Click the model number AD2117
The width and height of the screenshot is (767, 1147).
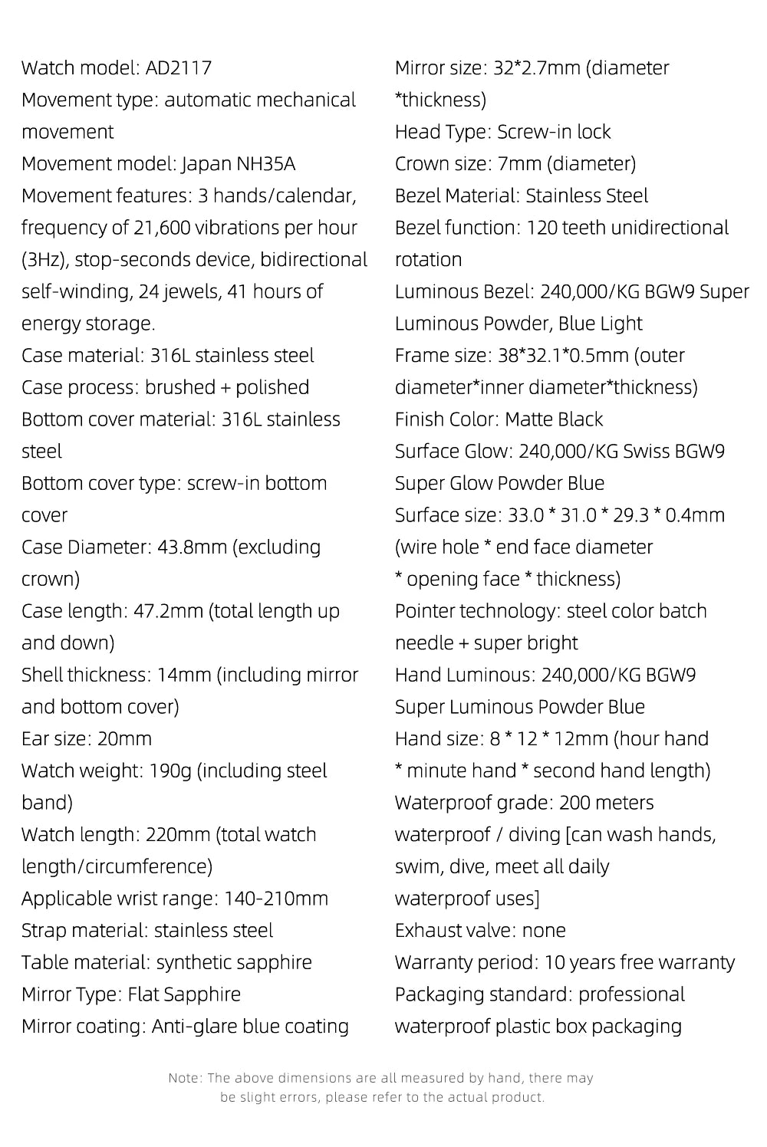(x=179, y=68)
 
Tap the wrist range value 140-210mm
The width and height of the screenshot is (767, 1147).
(x=275, y=899)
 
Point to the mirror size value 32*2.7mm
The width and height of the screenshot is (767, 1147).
(x=537, y=68)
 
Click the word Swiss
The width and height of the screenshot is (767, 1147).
(x=646, y=452)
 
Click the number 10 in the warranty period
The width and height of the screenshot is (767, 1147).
(x=554, y=963)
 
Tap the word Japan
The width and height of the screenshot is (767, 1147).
(x=205, y=164)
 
